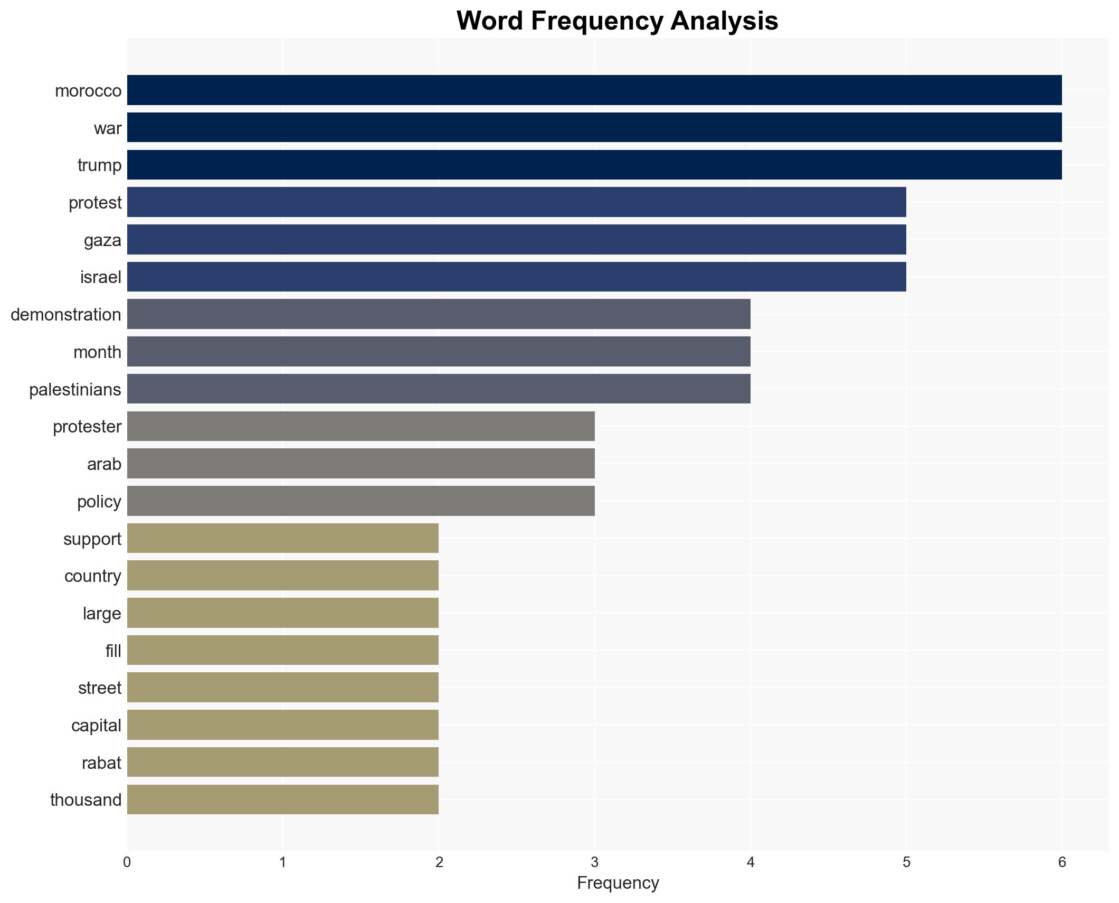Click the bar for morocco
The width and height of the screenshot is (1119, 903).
click(594, 90)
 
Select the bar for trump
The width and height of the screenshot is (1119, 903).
click(594, 165)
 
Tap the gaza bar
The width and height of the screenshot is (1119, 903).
click(516, 240)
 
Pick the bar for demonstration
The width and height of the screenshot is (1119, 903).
click(438, 314)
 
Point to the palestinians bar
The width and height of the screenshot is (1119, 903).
click(438, 389)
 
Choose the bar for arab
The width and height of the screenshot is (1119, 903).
click(361, 464)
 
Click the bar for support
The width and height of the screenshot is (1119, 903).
click(282, 539)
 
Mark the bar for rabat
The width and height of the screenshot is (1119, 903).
click(282, 763)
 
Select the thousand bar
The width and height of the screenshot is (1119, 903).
click(282, 799)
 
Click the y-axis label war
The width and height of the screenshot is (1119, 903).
click(108, 128)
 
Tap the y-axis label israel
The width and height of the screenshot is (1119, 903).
click(100, 277)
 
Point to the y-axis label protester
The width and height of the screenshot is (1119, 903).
click(87, 427)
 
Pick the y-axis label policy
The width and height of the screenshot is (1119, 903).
click(99, 502)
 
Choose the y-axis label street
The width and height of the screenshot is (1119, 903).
click(100, 688)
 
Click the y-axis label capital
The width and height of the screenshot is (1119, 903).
click(96, 726)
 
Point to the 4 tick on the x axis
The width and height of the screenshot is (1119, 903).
click(750, 862)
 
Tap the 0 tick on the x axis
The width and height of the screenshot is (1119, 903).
click(127, 862)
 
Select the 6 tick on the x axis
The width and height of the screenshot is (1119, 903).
click(1061, 862)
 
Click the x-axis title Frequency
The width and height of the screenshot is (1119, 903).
click(618, 883)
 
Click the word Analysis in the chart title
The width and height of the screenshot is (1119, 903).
click(724, 21)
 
